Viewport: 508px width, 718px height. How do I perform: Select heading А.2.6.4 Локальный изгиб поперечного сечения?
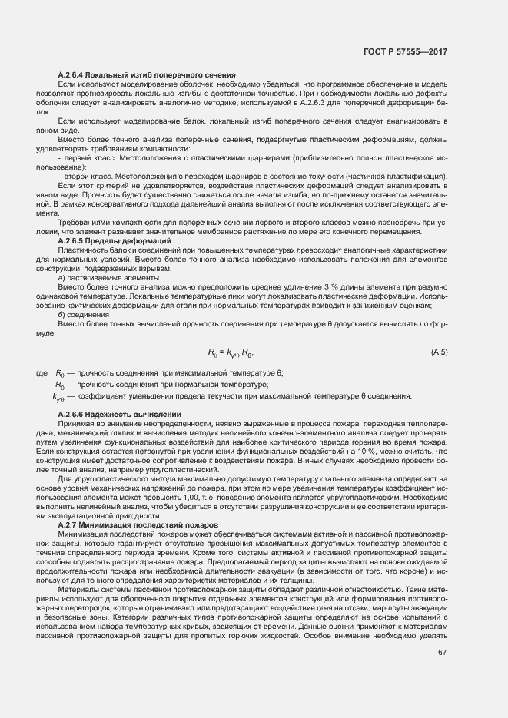tap(146, 74)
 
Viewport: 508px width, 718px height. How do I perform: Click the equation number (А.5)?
tap(439, 352)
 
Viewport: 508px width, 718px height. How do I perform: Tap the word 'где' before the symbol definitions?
tap(42, 373)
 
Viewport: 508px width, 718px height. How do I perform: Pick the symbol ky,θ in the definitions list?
tap(59, 397)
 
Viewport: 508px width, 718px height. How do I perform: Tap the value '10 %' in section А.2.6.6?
tap(363, 452)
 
